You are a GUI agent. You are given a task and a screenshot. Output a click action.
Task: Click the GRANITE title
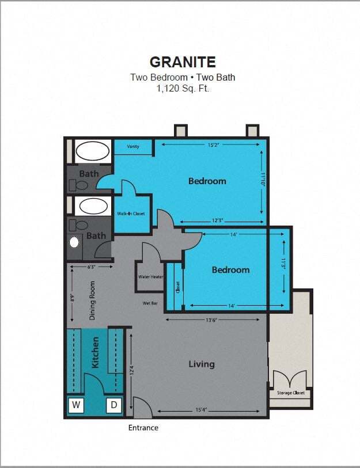183,62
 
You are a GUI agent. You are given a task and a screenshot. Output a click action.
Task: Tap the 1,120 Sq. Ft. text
183,89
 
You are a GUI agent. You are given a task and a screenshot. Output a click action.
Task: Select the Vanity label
133,147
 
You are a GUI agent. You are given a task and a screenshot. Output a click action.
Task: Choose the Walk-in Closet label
131,214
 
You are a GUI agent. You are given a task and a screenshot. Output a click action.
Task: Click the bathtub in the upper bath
93,151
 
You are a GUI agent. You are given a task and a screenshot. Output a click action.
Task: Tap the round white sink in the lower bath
74,242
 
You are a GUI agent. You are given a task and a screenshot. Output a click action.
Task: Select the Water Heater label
150,276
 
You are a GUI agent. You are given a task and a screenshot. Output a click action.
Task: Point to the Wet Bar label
151,302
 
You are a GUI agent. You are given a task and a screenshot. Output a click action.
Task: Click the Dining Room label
92,300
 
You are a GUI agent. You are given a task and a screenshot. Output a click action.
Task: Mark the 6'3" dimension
92,267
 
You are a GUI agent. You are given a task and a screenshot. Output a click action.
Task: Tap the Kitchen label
96,352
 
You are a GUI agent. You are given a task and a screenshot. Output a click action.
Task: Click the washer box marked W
76,405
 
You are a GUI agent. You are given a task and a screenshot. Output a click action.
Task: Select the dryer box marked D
114,405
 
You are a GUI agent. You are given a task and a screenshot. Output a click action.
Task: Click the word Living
202,364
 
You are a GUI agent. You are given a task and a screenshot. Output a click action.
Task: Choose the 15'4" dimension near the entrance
200,410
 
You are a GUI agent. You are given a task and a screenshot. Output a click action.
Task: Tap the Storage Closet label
291,393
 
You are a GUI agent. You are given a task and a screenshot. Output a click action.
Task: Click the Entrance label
143,428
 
